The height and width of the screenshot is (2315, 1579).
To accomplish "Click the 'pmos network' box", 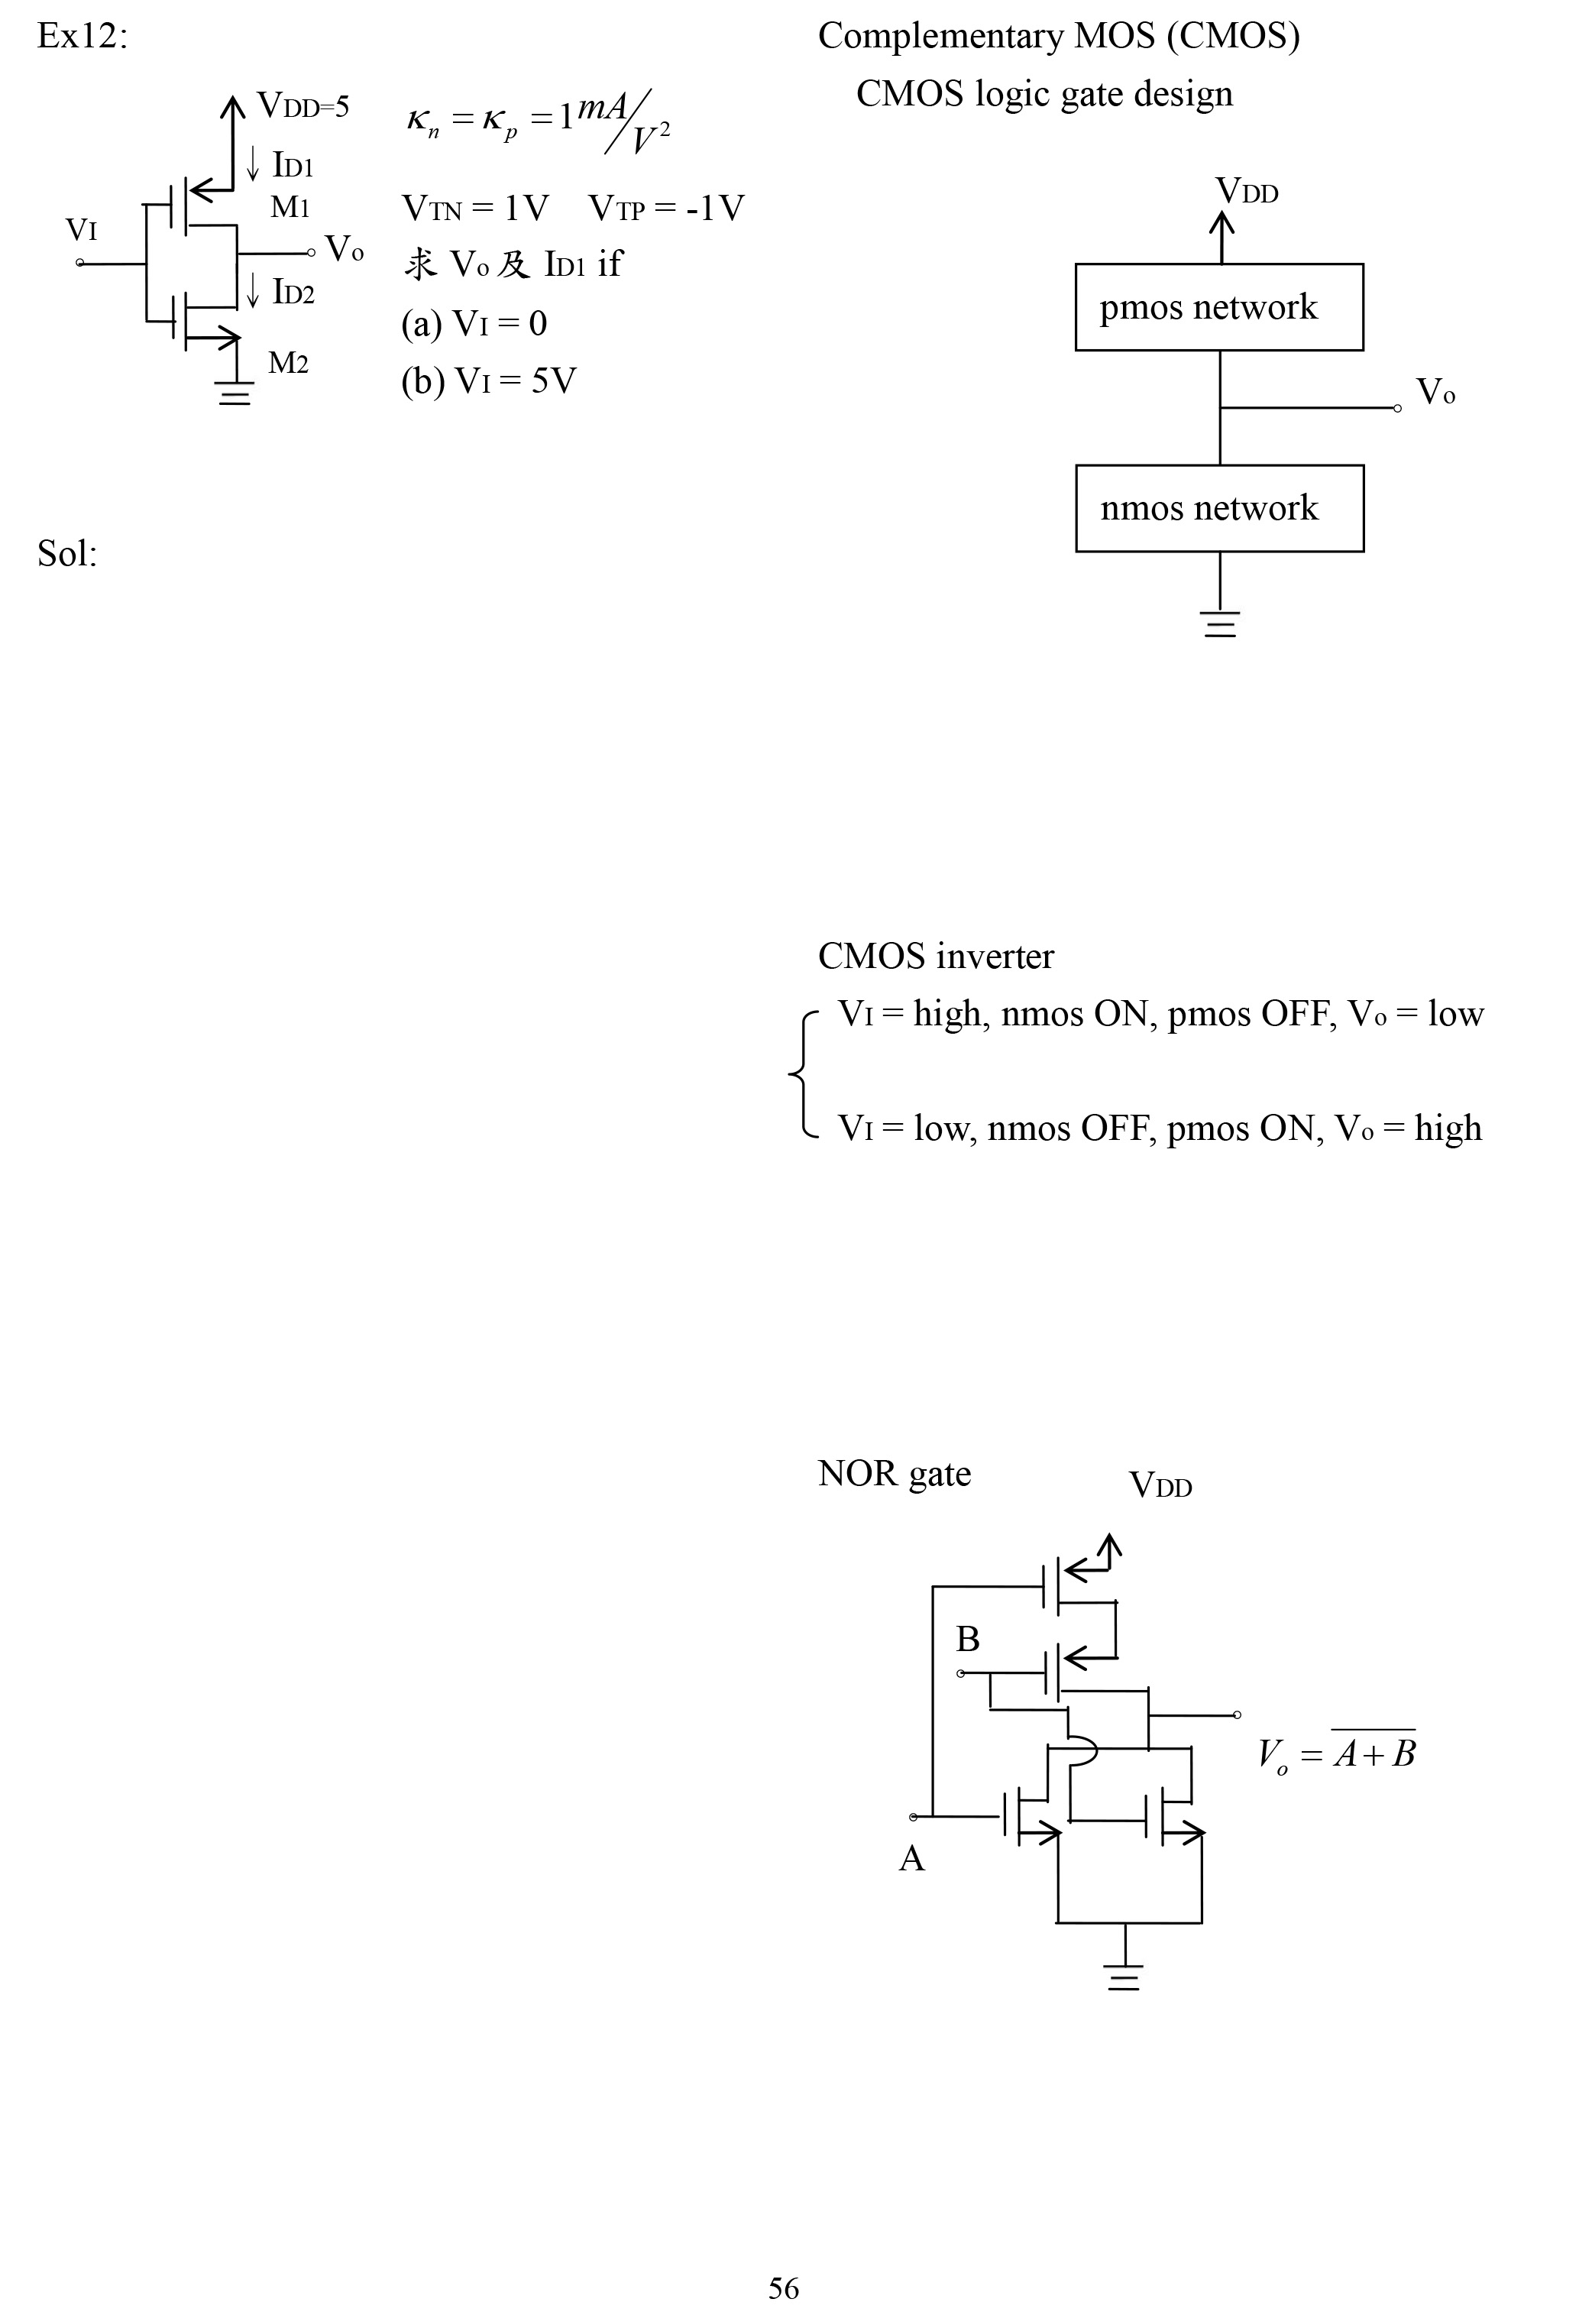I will coord(1218,307).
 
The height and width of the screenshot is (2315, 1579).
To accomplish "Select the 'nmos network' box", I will coord(1218,508).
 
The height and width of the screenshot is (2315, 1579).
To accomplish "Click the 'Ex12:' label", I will coord(83,37).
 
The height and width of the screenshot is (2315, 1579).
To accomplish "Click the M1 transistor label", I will coord(290,207).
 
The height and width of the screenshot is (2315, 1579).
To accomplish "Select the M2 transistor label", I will coord(288,364).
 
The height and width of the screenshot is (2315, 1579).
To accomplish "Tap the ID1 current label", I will coord(293,165).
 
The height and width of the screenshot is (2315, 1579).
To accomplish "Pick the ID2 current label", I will coord(293,293).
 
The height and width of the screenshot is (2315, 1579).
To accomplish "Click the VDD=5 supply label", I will coord(303,105).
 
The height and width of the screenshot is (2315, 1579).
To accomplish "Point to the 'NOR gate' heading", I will coord(894,1473).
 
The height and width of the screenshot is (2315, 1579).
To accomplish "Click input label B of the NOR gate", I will coord(967,1639).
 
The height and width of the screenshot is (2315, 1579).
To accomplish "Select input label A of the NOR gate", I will coord(911,1859).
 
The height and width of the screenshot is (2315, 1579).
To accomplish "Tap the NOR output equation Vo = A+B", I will coord(1336,1753).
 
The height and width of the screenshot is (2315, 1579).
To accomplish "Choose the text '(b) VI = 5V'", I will coord(488,380).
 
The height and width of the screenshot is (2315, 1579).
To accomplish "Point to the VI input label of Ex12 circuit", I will coord(82,231).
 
